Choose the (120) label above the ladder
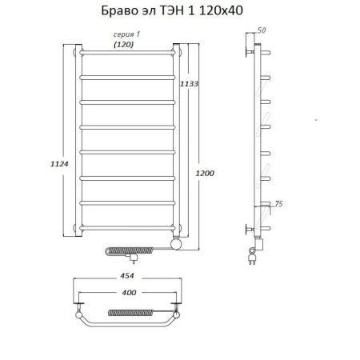pos(123,44)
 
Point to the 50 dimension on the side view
pos(262,30)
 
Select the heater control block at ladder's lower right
pos(178,241)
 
